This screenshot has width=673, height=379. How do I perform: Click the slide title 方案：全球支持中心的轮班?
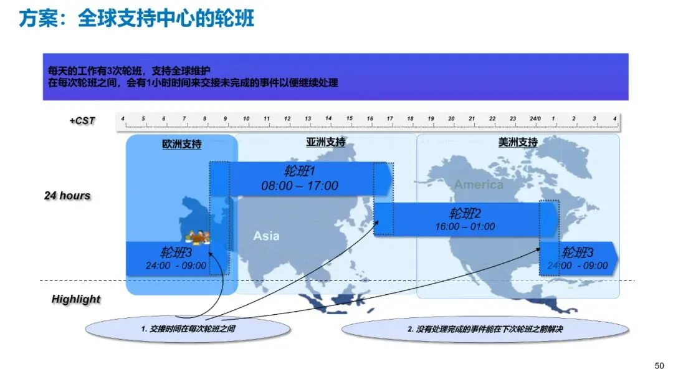(x=136, y=19)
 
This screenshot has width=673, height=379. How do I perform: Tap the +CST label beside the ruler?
(x=82, y=120)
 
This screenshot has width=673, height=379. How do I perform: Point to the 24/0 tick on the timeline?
(x=535, y=118)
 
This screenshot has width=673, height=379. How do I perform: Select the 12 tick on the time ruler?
(x=287, y=118)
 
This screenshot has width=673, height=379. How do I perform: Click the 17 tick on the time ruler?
(x=389, y=118)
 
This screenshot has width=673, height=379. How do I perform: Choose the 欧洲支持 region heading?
(x=181, y=144)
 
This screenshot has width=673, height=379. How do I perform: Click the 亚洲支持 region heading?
(x=326, y=142)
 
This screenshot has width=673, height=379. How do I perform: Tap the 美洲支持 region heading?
(x=518, y=142)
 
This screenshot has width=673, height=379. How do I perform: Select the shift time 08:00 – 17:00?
(x=300, y=186)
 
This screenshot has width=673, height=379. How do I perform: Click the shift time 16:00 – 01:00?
(x=465, y=227)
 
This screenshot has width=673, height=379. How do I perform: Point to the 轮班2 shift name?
(x=465, y=213)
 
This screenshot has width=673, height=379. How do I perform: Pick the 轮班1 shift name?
(x=300, y=171)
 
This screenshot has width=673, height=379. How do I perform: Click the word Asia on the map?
(x=266, y=236)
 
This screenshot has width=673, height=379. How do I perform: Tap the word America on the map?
(x=479, y=185)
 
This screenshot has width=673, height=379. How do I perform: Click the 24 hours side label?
(x=67, y=196)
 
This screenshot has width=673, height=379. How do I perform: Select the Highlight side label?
(x=76, y=299)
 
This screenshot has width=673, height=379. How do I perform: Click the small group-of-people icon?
(x=198, y=237)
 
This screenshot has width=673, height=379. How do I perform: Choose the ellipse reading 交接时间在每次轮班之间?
(x=188, y=329)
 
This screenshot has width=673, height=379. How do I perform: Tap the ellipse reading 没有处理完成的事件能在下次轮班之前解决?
(x=485, y=329)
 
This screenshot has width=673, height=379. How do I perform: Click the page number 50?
(x=659, y=366)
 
